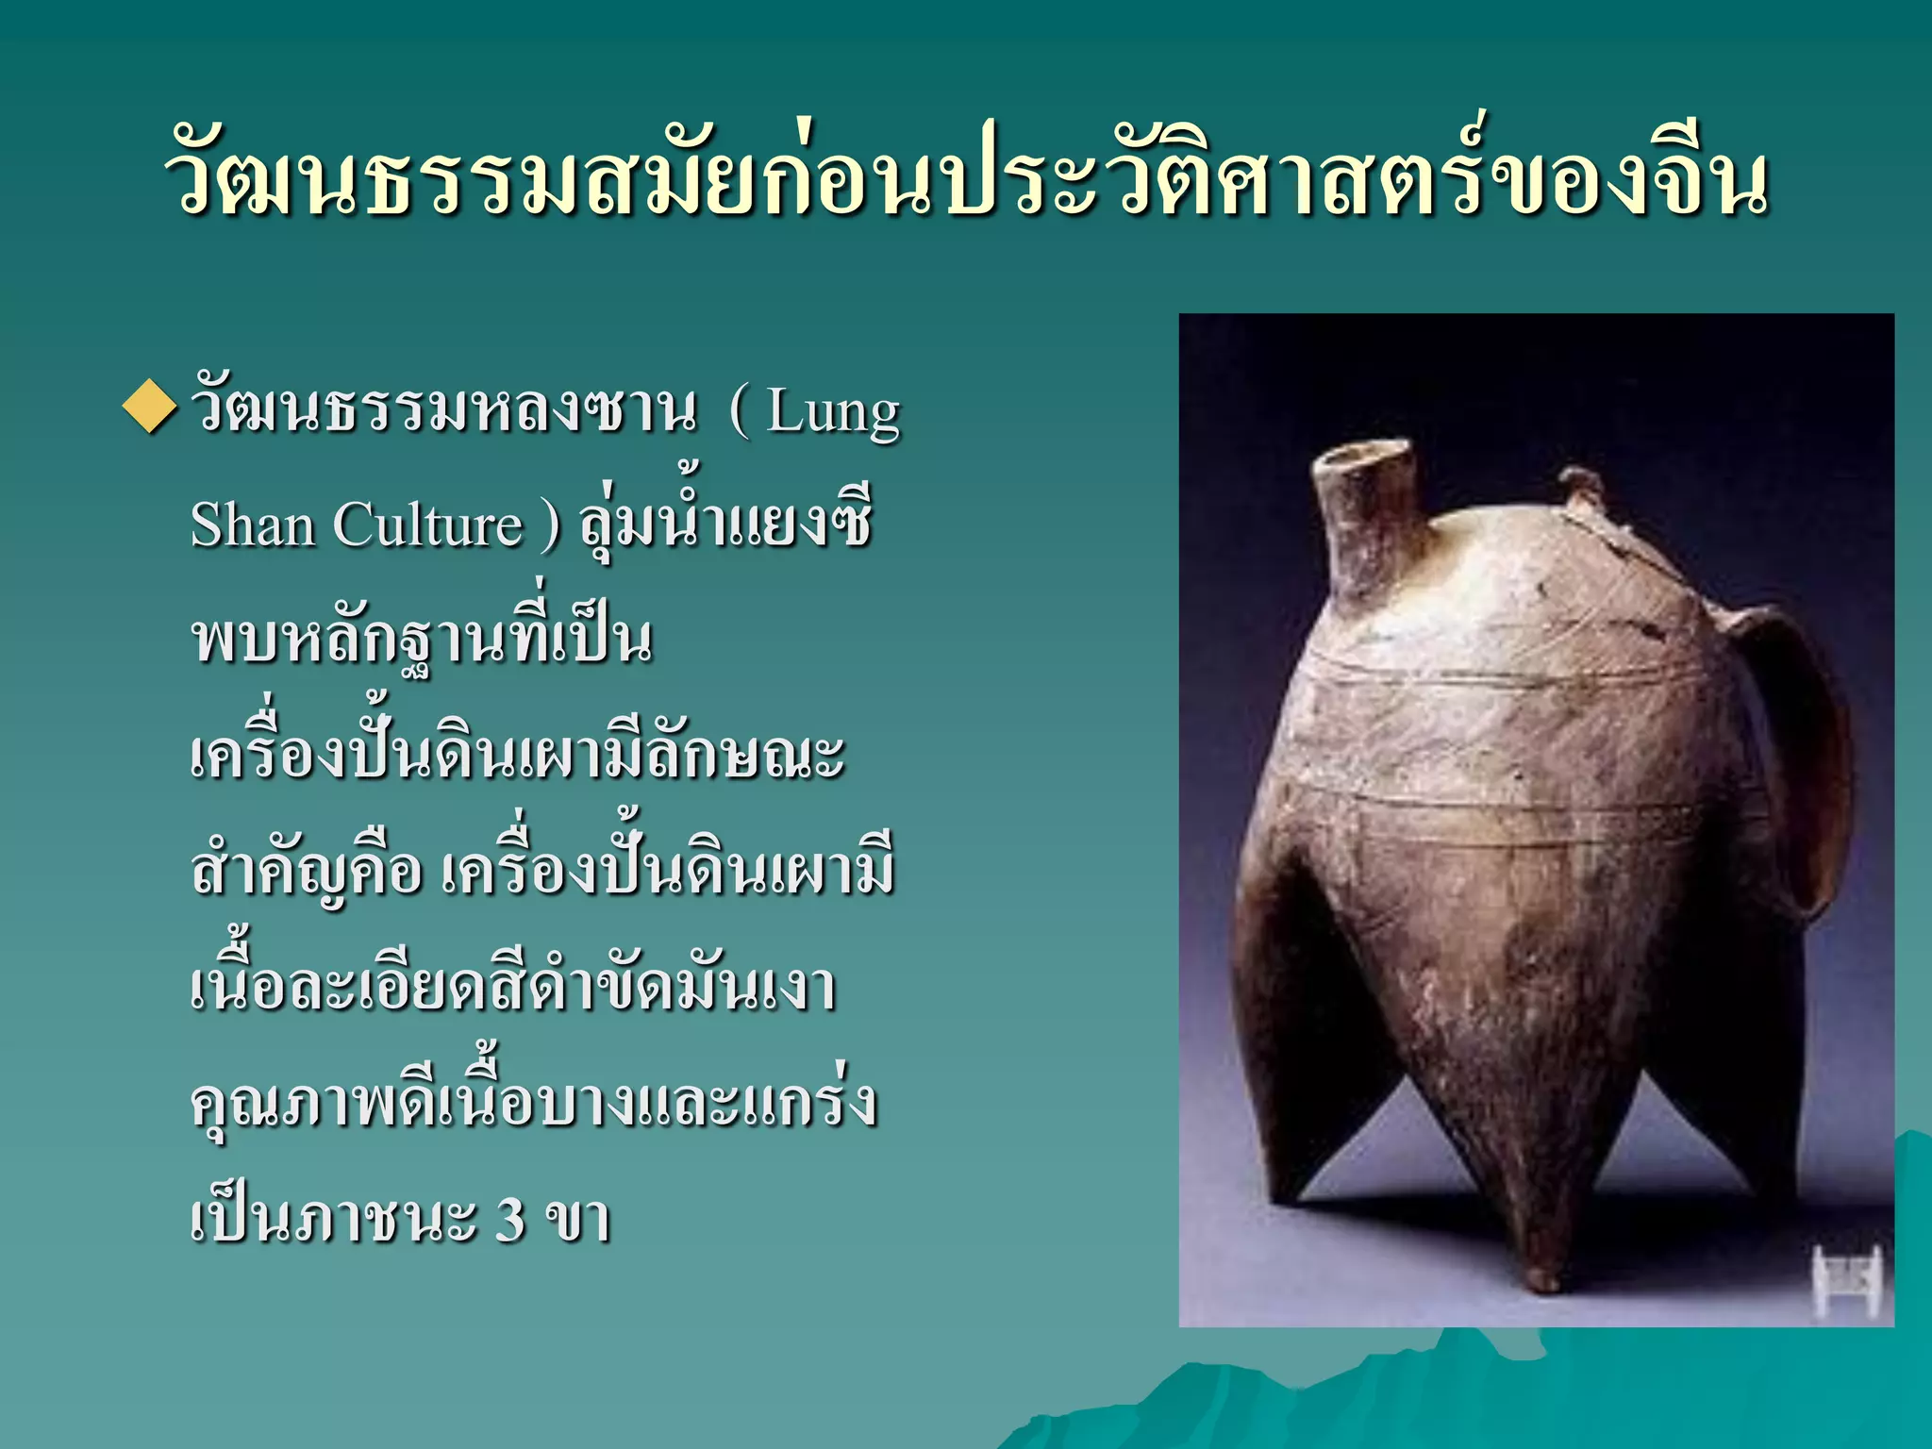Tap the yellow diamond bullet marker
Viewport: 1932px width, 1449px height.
[x=149, y=408]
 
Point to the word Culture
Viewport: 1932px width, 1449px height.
[x=427, y=525]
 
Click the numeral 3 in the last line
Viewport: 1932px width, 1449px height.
[x=509, y=1218]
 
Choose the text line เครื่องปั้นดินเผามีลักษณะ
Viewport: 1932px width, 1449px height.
[x=517, y=755]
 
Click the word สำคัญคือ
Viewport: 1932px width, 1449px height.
[x=307, y=870]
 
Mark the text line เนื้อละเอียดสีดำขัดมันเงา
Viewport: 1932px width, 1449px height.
[x=513, y=987]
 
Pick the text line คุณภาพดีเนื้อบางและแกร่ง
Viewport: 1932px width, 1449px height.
[x=534, y=1102]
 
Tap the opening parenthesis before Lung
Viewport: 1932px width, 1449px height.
[x=739, y=413]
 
